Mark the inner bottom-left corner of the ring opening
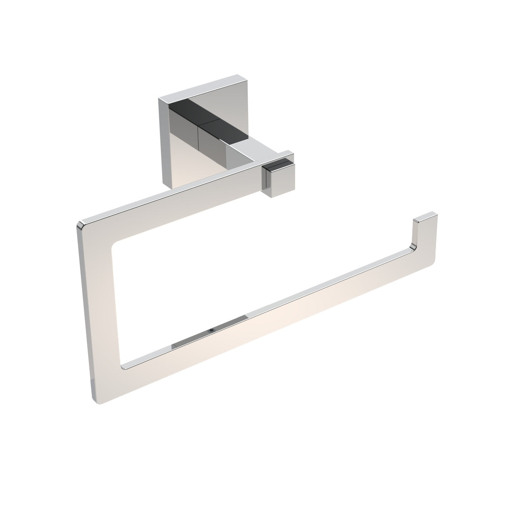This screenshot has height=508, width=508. click(x=124, y=363)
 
